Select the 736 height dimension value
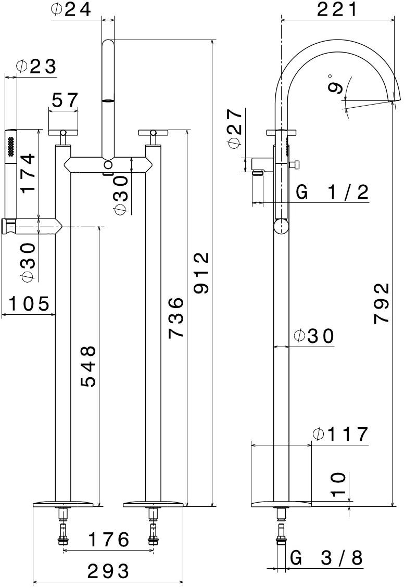175,317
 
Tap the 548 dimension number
88,366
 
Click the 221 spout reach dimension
338,9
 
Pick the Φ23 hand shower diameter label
36,67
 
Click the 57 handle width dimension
64,100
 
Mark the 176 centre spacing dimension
108,540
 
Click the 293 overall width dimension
108,571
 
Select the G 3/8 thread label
326,558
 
